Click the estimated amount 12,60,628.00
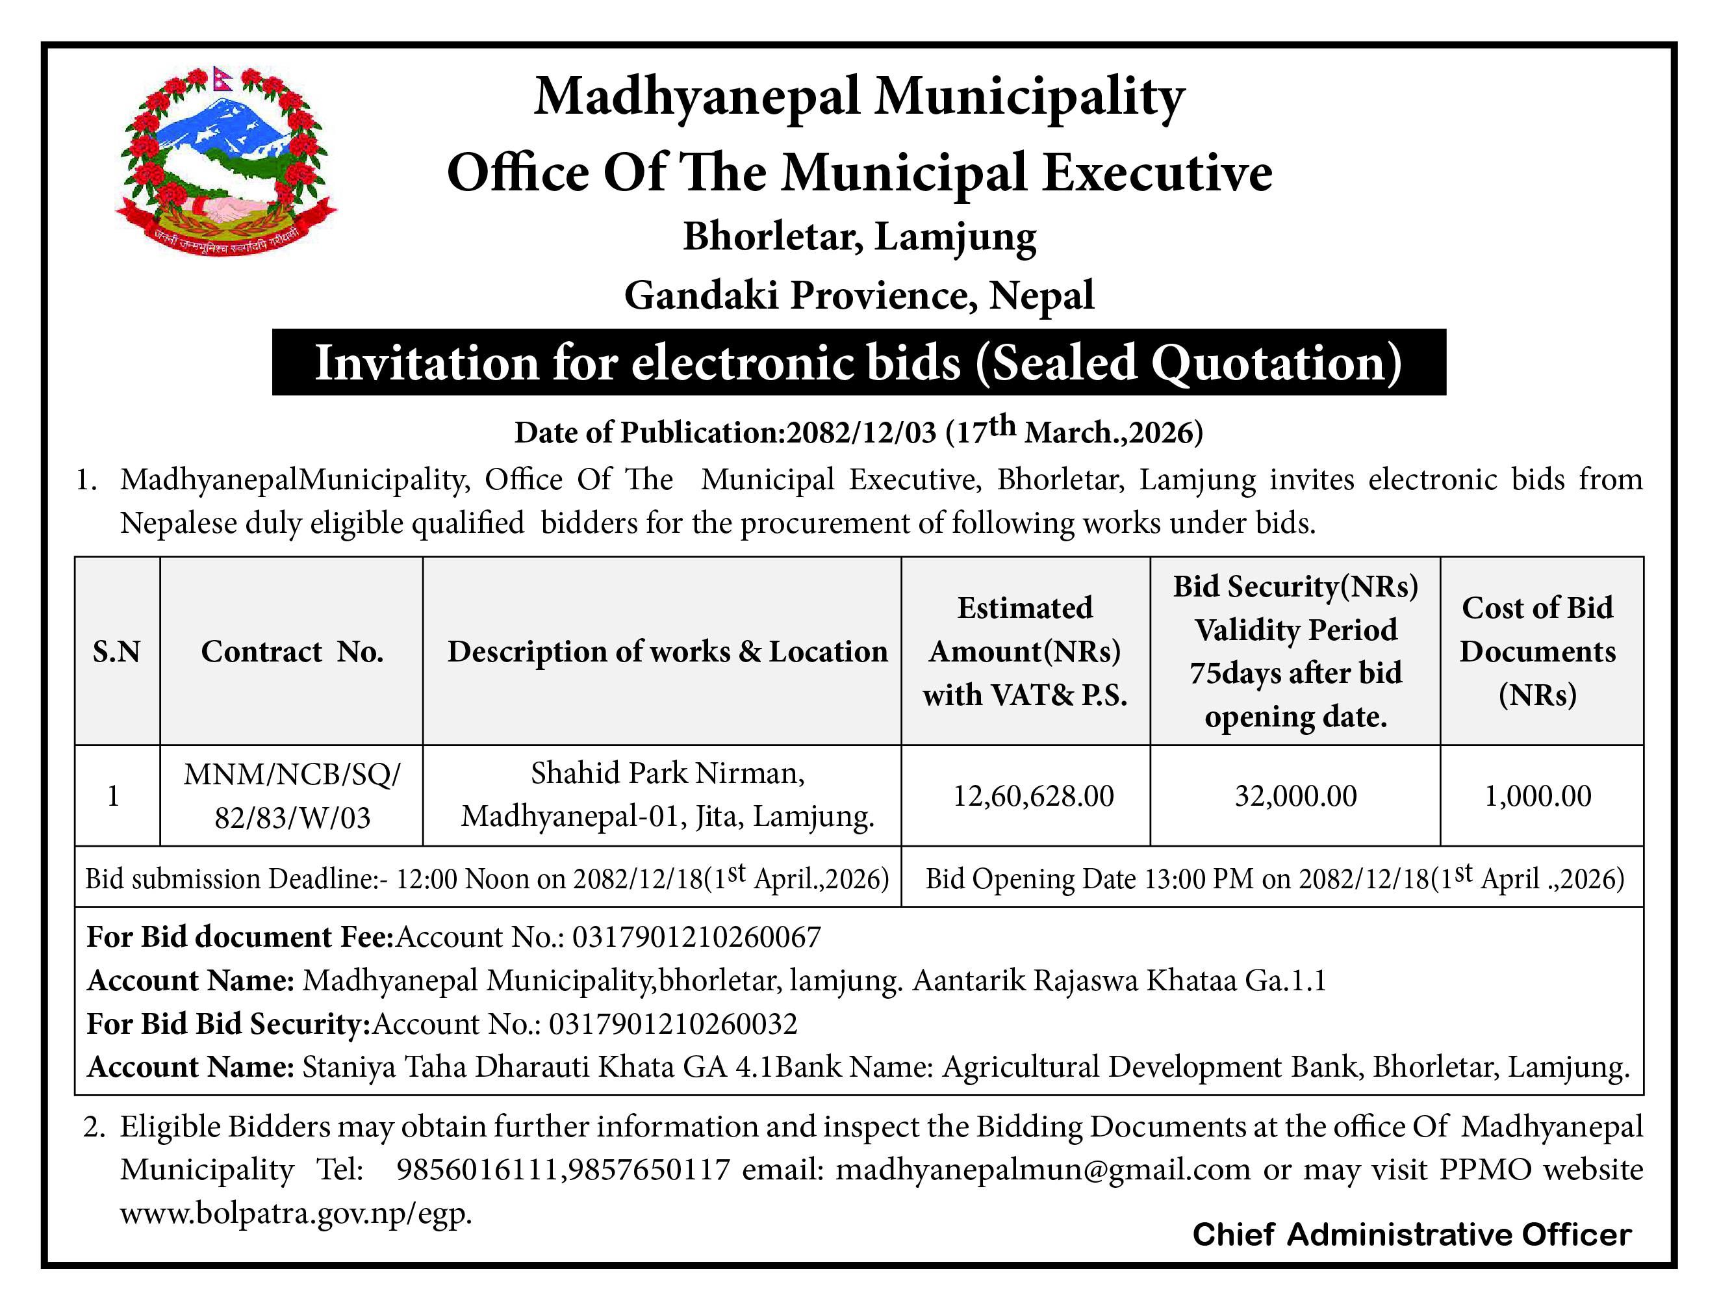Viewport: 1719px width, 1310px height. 1033,795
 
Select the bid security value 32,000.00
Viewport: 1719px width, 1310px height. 1295,795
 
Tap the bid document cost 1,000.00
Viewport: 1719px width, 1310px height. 1537,795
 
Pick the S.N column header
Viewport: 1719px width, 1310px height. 116,651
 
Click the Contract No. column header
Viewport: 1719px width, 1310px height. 292,651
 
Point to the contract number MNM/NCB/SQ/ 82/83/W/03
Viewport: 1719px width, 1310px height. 292,795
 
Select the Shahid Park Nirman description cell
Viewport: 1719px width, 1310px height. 667,794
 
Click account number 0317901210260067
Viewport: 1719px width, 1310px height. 696,936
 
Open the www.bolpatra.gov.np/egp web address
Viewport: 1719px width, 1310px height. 296,1213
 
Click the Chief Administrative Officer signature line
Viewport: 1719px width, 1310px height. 1411,1235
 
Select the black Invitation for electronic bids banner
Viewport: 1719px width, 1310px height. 858,363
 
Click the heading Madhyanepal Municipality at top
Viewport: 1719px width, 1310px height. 859,97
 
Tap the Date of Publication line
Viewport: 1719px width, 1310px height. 858,431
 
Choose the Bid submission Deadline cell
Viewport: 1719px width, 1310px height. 487,878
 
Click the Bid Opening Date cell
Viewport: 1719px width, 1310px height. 1274,878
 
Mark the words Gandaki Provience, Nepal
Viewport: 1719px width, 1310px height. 859,296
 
